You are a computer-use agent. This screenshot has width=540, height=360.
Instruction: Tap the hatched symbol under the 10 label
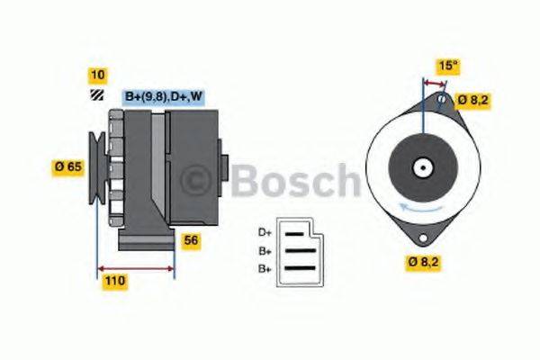pyautogui.click(x=95, y=95)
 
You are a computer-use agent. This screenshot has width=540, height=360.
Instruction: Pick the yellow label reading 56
pyautogui.click(x=191, y=240)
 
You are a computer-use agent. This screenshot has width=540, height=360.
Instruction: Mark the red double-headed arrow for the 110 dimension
pyautogui.click(x=135, y=267)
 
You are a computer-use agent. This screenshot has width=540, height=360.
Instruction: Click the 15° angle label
pyautogui.click(x=447, y=65)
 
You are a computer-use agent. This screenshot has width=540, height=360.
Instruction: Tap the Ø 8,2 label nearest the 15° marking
pyautogui.click(x=474, y=100)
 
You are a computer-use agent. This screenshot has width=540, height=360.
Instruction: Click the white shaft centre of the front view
pyautogui.click(x=421, y=167)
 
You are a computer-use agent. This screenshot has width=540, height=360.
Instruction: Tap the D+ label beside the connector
pyautogui.click(x=265, y=231)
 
